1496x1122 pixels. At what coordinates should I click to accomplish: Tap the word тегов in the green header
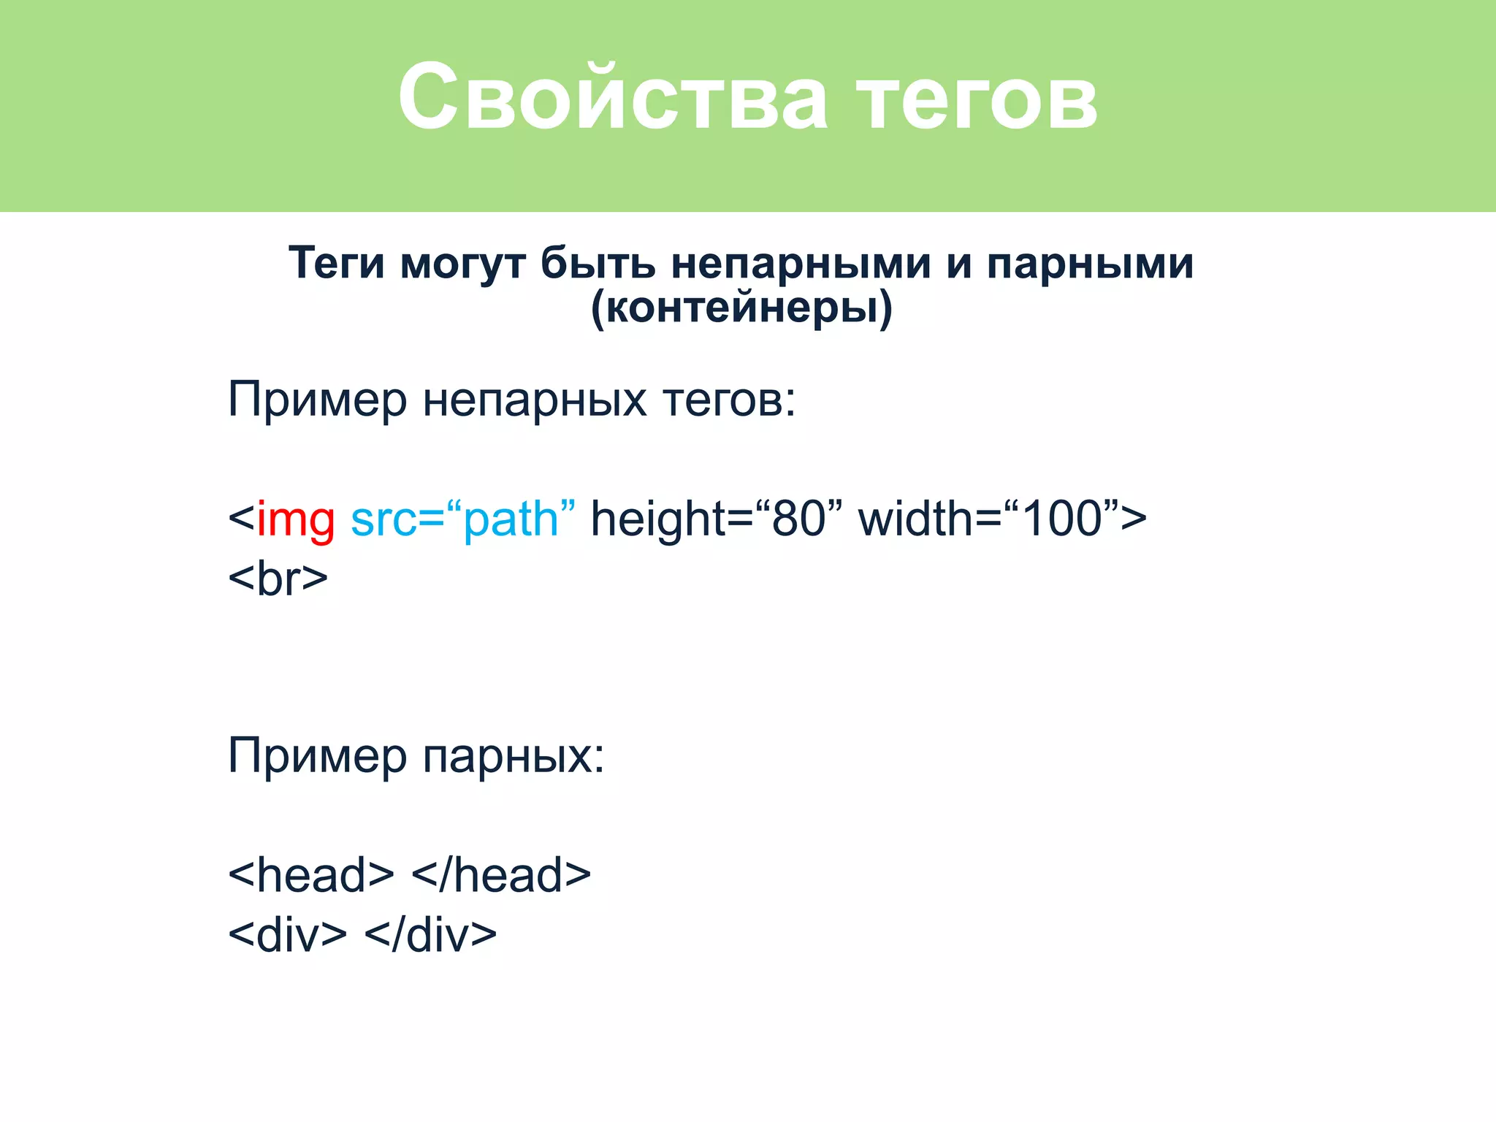977,99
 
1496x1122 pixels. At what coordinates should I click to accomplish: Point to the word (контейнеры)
741,308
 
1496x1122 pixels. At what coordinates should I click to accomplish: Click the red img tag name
296,520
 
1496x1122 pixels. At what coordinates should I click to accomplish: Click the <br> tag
278,579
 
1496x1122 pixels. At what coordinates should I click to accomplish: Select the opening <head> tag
311,874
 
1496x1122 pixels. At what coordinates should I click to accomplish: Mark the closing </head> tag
501,874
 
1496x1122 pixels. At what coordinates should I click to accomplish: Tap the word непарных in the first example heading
535,400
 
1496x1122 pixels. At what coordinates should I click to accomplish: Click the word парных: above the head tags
514,756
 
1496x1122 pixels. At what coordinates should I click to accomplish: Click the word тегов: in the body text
729,400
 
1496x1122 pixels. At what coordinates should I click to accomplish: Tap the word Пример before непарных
317,400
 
